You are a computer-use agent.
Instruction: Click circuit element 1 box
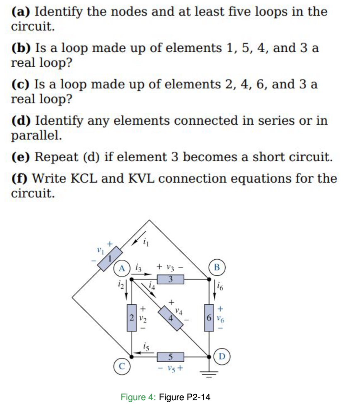coord(110,259)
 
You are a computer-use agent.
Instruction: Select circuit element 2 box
coord(131,317)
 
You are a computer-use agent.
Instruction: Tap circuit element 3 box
coord(170,279)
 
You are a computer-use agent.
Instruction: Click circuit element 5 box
coord(170,357)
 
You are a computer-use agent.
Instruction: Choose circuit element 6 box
coord(209,317)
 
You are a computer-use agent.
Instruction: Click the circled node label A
coord(122,268)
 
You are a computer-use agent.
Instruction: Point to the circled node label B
coord(217,267)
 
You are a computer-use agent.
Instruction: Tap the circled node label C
coord(122,366)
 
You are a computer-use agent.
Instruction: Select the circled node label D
coord(222,357)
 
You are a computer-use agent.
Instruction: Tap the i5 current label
coord(146,346)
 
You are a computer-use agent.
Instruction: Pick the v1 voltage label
coord(100,251)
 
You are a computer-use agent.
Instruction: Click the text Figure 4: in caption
coord(138,397)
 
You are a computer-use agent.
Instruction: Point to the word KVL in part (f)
coord(141,179)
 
